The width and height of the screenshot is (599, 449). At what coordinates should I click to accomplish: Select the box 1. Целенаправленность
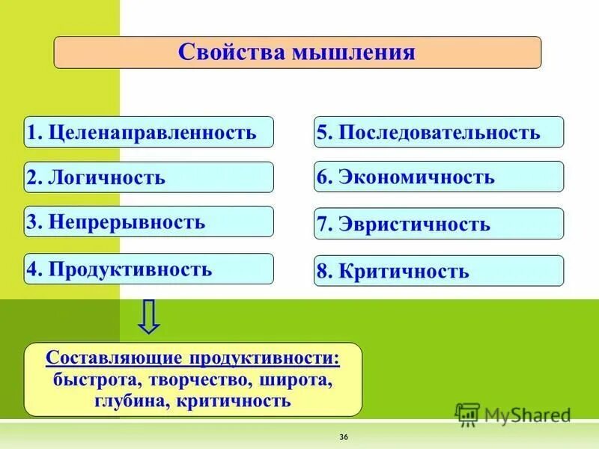pyautogui.click(x=148, y=132)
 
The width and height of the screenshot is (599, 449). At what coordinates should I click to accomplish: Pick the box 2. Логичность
pyautogui.click(x=148, y=177)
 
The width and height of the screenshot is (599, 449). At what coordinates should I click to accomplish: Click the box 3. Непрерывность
pyautogui.click(x=148, y=222)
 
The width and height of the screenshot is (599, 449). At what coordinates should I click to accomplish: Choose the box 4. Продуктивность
pyautogui.click(x=148, y=269)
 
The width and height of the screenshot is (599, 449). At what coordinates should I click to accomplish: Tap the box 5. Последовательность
pyautogui.click(x=438, y=132)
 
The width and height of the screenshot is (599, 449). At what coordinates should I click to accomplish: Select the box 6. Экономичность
pyautogui.click(x=438, y=177)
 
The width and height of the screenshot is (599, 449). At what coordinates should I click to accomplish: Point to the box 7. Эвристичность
pyautogui.click(x=438, y=224)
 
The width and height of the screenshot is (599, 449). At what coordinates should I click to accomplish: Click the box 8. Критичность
pyautogui.click(x=438, y=271)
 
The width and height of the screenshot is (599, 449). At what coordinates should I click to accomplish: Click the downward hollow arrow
pyautogui.click(x=149, y=317)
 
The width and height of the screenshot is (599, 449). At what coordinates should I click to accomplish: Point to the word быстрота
pyautogui.click(x=87, y=379)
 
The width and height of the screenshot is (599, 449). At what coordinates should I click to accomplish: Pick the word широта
pyautogui.click(x=296, y=379)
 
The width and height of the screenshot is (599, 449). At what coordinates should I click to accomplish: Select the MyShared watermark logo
pyautogui.click(x=514, y=414)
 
